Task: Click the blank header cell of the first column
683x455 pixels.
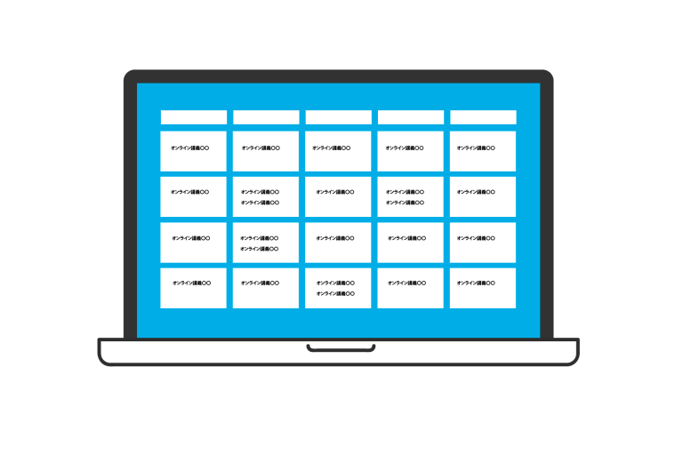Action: pos(194,117)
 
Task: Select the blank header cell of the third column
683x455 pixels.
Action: pos(339,117)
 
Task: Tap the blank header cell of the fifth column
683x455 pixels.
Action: pos(483,117)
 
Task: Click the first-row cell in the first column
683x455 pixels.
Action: pos(194,151)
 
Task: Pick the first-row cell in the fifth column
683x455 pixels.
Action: pos(483,151)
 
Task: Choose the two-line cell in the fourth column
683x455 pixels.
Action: pos(411,196)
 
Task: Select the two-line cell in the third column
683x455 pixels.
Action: pos(338,288)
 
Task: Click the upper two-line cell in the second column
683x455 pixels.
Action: pos(266,196)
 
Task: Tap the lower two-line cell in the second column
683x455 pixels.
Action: pos(266,243)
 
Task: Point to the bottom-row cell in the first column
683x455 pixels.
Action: pos(194,288)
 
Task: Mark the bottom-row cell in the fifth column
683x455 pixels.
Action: pos(483,288)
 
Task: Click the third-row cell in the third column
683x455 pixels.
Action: pos(338,243)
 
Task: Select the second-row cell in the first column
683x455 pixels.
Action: pos(194,196)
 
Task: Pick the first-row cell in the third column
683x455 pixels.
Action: pos(339,151)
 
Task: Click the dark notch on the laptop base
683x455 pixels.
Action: pos(341,347)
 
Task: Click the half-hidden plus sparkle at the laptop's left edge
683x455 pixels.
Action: pos(119,201)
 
